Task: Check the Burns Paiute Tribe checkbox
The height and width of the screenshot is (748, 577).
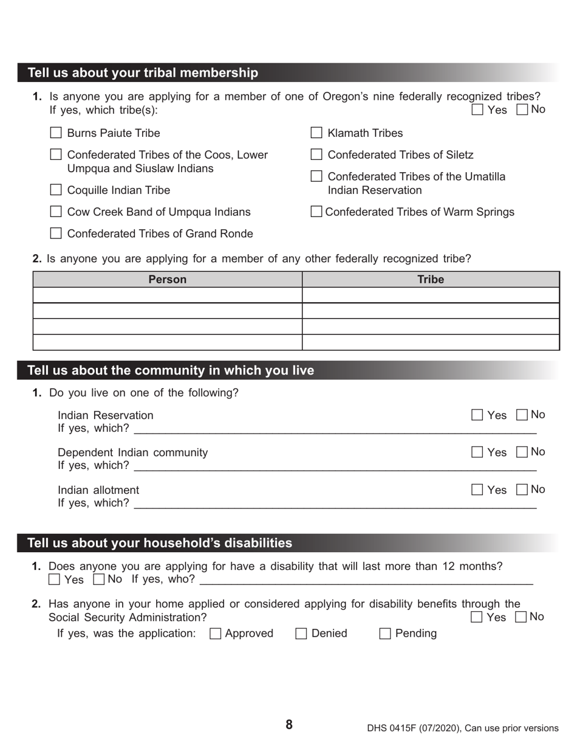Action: click(x=56, y=133)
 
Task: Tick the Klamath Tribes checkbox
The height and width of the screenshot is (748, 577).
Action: click(x=316, y=133)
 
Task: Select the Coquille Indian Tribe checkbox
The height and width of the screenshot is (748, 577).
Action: click(x=56, y=190)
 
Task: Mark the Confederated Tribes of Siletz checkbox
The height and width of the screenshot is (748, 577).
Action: click(x=316, y=154)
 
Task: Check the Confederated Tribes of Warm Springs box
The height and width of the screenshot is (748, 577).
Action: click(x=316, y=212)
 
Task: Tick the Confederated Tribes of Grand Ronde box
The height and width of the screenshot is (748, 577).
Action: click(x=56, y=234)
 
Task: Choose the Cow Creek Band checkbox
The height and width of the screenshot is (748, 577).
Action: click(x=56, y=212)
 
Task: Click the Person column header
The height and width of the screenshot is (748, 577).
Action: click(x=168, y=279)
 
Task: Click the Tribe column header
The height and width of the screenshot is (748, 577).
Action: click(x=431, y=279)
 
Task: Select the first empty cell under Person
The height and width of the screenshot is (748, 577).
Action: click(x=168, y=295)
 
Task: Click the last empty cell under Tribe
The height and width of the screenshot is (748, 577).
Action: click(x=431, y=342)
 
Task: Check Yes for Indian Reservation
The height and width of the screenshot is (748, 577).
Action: click(x=477, y=415)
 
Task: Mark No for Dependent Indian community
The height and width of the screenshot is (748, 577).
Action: click(x=522, y=452)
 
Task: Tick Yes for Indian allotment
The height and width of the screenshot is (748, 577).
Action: click(x=477, y=490)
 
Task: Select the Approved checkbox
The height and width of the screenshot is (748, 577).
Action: click(x=215, y=634)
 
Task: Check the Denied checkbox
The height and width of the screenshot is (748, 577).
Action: click(x=301, y=634)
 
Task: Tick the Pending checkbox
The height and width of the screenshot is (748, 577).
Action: click(x=385, y=634)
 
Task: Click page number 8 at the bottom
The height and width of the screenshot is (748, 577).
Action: click(x=289, y=724)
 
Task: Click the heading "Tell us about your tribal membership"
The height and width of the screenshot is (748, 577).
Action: click(x=143, y=73)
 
